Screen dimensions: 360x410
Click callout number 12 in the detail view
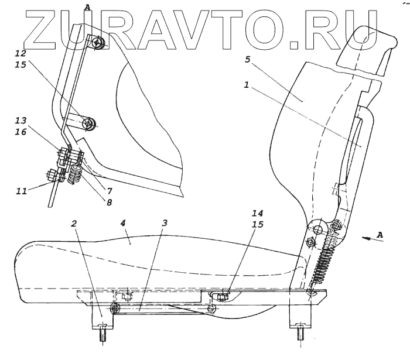coord(21,53)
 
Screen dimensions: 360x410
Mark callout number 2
coord(74,224)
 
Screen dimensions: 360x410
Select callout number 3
coord(165,224)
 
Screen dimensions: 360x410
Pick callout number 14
coord(259,213)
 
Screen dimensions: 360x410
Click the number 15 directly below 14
coord(259,224)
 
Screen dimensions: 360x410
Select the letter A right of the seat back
coord(381,234)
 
